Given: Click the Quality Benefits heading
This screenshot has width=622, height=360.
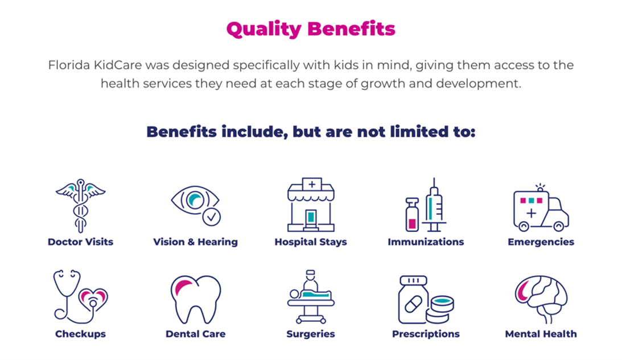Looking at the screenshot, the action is [311, 29].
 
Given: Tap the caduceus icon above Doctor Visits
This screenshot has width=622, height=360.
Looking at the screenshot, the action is [81, 205].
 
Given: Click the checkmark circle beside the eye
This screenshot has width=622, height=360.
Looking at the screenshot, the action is [212, 217].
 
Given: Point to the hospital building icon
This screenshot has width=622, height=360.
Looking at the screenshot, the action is [311, 205].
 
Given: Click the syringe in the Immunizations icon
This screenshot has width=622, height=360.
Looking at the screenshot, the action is [434, 205].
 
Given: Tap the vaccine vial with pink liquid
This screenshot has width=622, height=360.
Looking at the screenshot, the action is [412, 214].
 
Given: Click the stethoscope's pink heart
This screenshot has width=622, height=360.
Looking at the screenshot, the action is [93, 298].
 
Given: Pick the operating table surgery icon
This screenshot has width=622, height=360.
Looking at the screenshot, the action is [311, 297].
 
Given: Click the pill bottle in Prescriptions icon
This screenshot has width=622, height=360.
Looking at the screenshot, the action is [413, 300].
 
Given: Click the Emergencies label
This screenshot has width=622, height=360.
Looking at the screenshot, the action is [541, 242].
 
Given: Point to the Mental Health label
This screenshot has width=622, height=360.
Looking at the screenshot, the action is [541, 334].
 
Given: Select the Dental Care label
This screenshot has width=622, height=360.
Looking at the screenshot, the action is [196, 334].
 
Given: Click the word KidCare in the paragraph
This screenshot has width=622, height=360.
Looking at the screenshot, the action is [118, 65].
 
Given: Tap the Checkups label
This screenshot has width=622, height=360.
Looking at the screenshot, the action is [81, 334].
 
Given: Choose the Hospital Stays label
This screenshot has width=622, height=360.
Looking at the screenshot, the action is [311, 242].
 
